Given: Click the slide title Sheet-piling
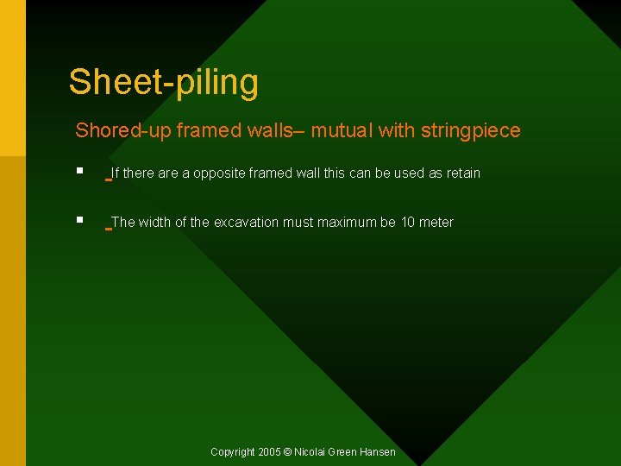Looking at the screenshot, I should pyautogui.click(x=163, y=83).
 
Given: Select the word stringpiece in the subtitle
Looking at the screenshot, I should pyautogui.click(x=471, y=131).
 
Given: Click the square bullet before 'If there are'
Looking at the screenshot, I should pyautogui.click(x=79, y=172).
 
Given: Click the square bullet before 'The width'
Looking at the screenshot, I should pyautogui.click(x=79, y=221).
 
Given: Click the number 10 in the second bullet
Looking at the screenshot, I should pyautogui.click(x=408, y=223).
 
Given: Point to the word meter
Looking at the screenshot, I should pyautogui.click(x=436, y=223).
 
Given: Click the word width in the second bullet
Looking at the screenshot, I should pyautogui.click(x=154, y=223).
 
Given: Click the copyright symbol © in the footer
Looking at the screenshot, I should pyautogui.click(x=288, y=452).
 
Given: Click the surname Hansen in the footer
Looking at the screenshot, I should pyautogui.click(x=378, y=452).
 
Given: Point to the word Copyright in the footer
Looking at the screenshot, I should pyautogui.click(x=233, y=452).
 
